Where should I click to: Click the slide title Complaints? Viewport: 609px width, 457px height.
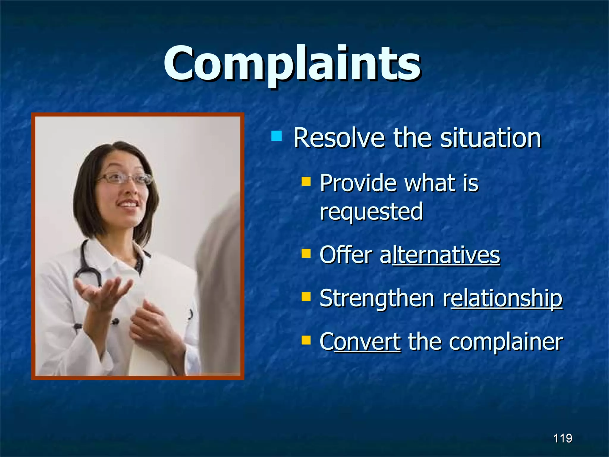292,64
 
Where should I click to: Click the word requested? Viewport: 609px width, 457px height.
371,211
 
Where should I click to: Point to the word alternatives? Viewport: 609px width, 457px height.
440,255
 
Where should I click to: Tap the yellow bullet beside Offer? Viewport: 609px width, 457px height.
306,253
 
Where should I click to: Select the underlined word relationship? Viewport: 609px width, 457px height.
503,298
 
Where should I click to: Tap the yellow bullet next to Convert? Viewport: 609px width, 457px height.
306,340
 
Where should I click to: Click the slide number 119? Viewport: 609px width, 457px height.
563,438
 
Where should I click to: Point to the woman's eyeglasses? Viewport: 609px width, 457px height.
125,179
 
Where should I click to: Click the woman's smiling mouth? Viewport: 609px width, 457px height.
128,204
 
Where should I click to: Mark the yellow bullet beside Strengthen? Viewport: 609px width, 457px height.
306,297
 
